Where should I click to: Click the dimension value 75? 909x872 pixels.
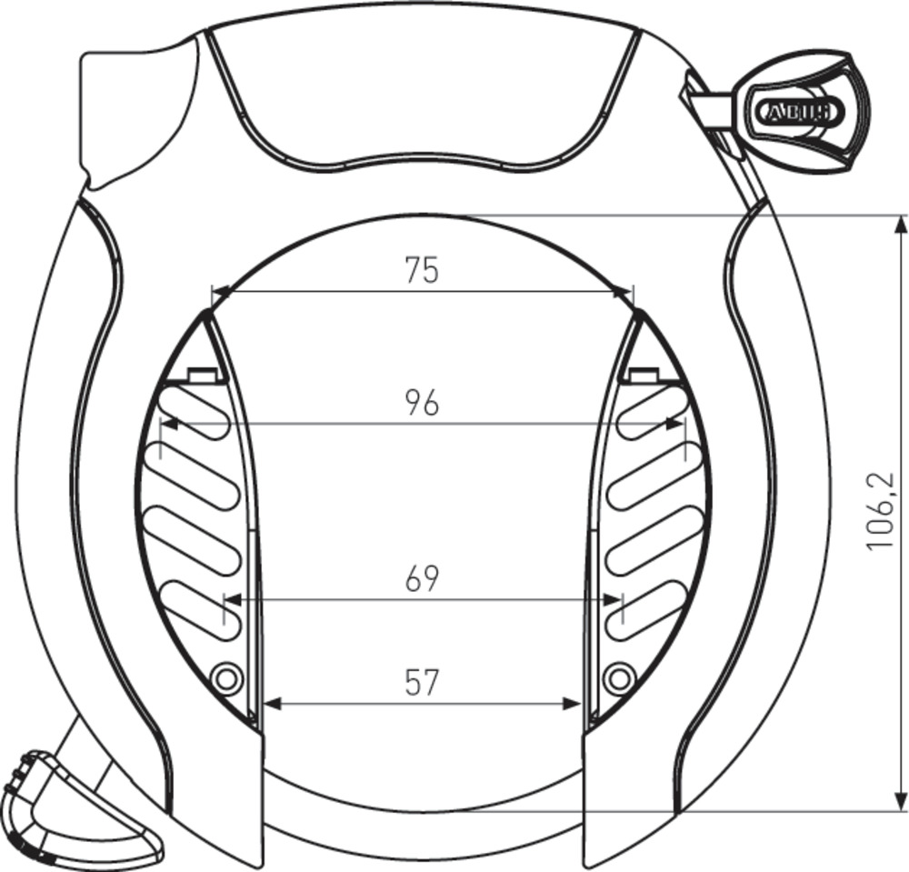click(422, 270)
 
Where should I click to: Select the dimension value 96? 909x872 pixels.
click(422, 402)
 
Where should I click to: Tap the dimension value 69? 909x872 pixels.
click(422, 579)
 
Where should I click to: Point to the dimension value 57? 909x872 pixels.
click(422, 682)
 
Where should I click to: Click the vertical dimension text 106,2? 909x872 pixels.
click(879, 511)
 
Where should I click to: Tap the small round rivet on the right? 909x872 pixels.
click(619, 677)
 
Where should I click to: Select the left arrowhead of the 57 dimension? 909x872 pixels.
click(270, 703)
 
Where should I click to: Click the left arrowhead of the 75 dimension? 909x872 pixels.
click(220, 292)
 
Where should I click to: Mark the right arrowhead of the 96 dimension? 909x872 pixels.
click(674, 423)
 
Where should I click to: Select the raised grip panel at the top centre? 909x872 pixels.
click(422, 95)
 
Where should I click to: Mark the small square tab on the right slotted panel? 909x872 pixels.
click(643, 374)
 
